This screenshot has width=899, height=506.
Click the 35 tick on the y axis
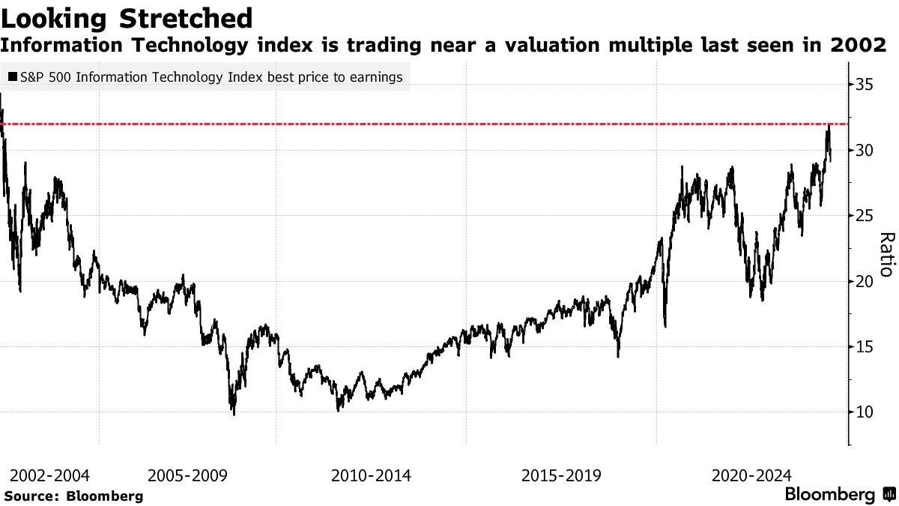(864, 85)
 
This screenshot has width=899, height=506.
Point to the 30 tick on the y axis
(864, 150)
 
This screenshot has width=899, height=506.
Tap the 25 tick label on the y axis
(864, 216)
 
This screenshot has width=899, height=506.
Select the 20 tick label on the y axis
(864, 281)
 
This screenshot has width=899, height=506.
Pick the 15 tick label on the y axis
(864, 346)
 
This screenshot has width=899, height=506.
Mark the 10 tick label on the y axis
(864, 412)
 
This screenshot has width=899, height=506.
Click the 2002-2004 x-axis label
(50, 475)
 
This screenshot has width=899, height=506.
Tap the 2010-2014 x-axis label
(370, 475)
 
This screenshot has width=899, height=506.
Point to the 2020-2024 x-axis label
(751, 475)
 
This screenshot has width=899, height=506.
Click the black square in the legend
(13, 77)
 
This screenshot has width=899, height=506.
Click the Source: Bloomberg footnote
(73, 496)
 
